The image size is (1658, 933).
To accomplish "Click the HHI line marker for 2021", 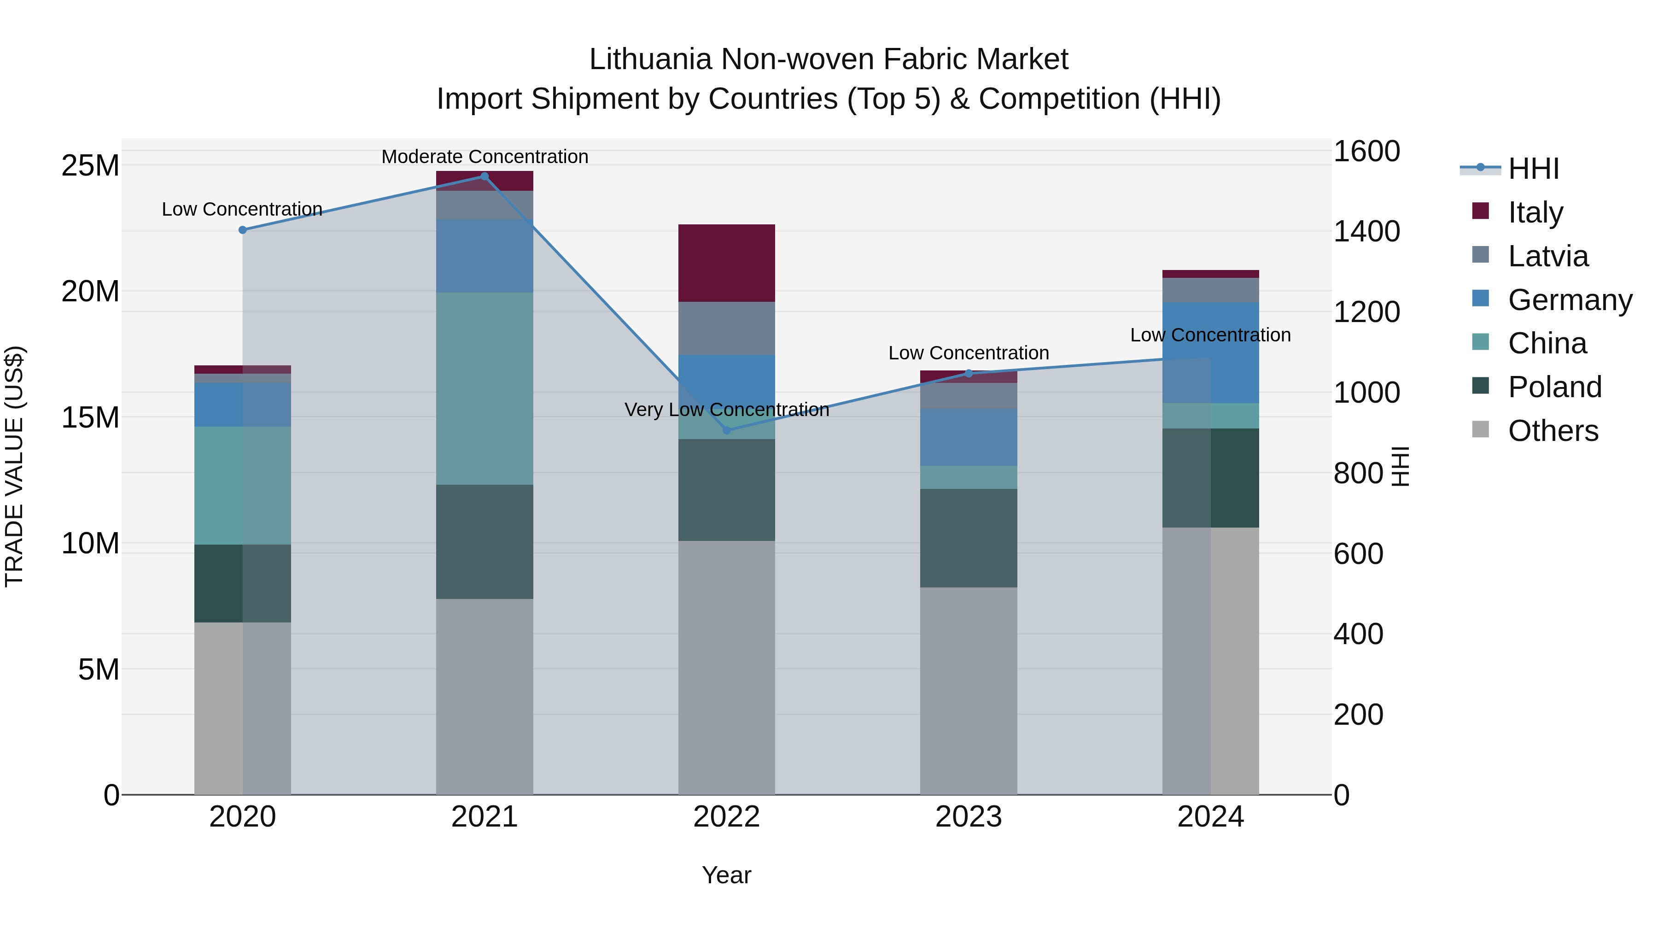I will (x=485, y=176).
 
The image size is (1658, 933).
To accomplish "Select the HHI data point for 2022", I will (x=727, y=430).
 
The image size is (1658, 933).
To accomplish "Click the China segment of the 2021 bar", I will (x=485, y=388).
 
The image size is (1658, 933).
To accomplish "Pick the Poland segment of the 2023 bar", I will (x=969, y=538).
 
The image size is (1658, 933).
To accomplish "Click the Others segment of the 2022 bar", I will (x=727, y=667).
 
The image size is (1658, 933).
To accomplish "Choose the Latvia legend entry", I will (x=1547, y=256).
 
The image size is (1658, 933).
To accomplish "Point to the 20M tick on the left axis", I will (x=90, y=291).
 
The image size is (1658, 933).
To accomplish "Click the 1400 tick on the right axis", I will (x=1366, y=231).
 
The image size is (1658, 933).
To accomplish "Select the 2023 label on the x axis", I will (x=969, y=817).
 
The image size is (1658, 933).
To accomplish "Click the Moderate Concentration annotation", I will (x=485, y=157).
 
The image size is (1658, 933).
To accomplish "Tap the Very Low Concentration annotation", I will (x=727, y=410).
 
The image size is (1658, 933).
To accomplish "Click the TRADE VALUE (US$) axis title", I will (x=14, y=466).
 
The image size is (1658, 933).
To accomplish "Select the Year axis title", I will (x=727, y=875).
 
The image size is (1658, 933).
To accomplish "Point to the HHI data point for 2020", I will (x=243, y=230).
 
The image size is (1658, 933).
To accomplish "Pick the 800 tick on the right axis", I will (x=1358, y=473).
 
